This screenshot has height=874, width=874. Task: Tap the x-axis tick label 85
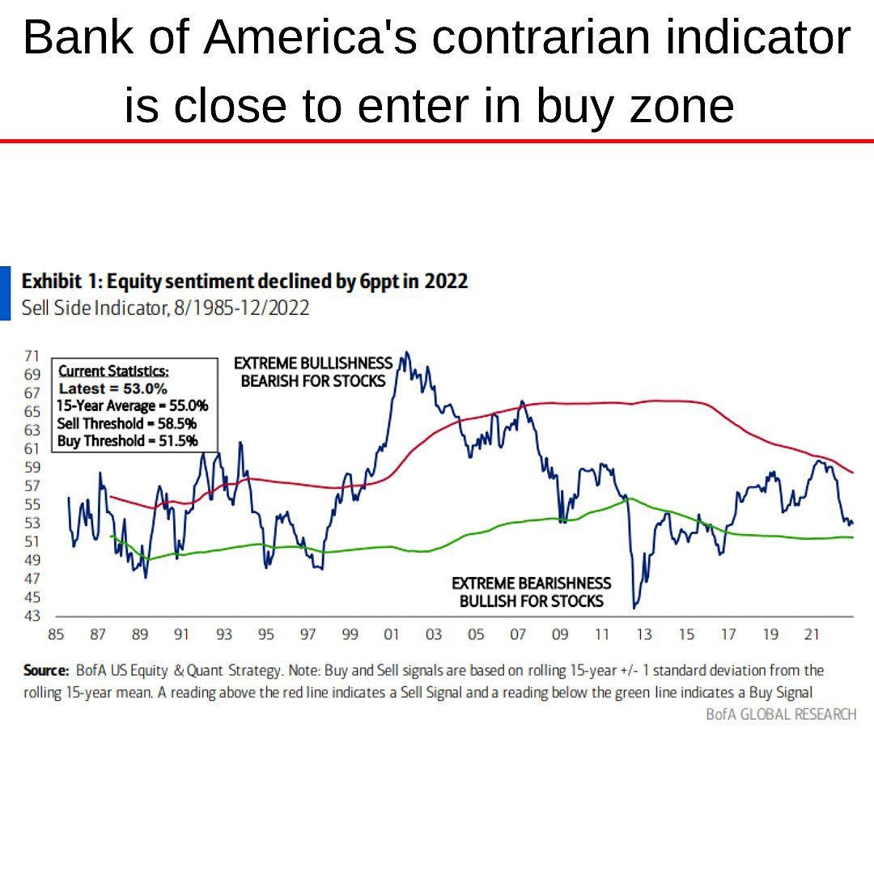(x=56, y=635)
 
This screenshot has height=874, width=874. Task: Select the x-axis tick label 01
(x=392, y=635)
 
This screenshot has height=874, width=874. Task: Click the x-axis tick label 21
(x=812, y=635)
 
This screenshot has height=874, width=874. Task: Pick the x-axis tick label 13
(x=644, y=635)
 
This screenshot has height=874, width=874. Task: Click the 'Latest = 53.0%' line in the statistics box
(x=113, y=388)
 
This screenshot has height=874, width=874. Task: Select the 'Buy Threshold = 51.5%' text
(x=127, y=441)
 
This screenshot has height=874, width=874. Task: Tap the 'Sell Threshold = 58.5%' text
(x=127, y=423)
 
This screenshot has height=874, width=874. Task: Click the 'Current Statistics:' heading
(x=114, y=371)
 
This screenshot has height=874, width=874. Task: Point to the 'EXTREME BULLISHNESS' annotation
(x=313, y=363)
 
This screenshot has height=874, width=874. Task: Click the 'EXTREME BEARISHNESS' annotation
(x=531, y=583)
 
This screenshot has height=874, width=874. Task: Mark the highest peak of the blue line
(x=406, y=353)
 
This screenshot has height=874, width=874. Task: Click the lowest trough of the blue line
(x=634, y=608)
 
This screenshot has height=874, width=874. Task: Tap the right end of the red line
(x=853, y=473)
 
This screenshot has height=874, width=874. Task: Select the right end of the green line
(x=853, y=537)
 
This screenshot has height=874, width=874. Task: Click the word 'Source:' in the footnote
(x=45, y=671)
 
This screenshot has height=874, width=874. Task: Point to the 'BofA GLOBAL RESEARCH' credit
(x=780, y=714)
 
